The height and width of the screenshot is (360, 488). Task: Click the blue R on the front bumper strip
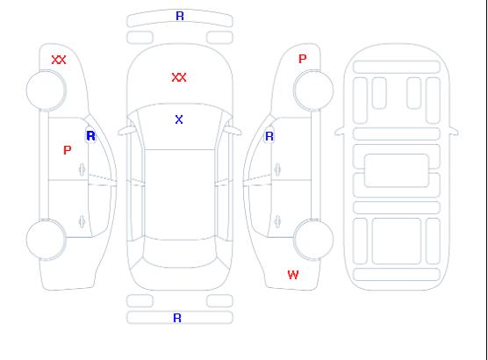180,16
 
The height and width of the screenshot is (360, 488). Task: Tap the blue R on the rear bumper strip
177,318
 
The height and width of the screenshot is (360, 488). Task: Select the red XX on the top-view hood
179,77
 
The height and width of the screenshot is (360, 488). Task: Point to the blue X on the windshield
179,119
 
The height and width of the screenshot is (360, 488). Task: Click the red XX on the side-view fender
59,60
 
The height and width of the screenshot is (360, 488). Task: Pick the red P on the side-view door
68,150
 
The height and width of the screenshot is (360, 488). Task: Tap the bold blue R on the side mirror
91,136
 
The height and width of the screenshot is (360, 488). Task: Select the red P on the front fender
303,59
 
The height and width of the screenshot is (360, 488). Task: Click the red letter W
293,275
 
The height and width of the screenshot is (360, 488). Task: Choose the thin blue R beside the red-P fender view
269,136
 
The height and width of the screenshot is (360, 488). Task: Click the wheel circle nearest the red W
313,239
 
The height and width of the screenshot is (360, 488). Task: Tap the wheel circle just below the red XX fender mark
46,90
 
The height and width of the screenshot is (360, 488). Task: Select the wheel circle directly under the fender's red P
313,90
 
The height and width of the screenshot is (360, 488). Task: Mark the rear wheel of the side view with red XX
46,240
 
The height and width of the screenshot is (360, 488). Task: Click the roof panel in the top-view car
180,194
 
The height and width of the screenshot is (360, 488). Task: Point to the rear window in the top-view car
180,254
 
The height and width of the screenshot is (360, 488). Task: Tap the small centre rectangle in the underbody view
397,170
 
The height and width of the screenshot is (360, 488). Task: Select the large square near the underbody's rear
397,241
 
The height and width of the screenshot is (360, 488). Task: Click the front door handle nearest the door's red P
82,169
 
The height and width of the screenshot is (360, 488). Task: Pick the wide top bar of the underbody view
397,67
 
